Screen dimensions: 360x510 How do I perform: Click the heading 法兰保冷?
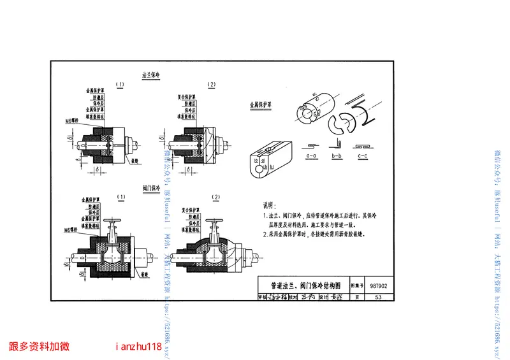click(154, 75)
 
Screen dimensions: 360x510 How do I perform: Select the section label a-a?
click(312, 155)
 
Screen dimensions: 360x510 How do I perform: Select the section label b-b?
click(337, 155)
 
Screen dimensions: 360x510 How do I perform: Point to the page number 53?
click(379, 298)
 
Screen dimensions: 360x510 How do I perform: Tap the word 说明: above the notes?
click(270, 206)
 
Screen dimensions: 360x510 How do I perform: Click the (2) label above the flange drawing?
click(212, 85)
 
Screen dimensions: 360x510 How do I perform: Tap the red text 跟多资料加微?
click(40, 347)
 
